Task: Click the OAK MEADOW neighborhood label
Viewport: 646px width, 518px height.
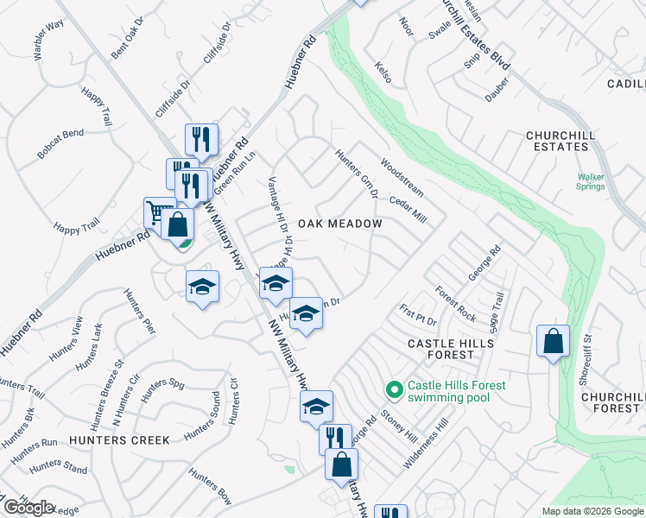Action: [x=340, y=224]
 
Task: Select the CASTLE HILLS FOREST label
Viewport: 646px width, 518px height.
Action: [x=451, y=349]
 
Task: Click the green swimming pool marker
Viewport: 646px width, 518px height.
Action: [x=395, y=391]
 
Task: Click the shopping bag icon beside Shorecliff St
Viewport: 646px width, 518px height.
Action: [x=553, y=341]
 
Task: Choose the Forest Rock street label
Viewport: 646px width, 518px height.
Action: [x=455, y=304]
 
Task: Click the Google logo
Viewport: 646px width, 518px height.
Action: [x=28, y=508]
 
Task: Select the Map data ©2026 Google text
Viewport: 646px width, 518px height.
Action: [x=592, y=511]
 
